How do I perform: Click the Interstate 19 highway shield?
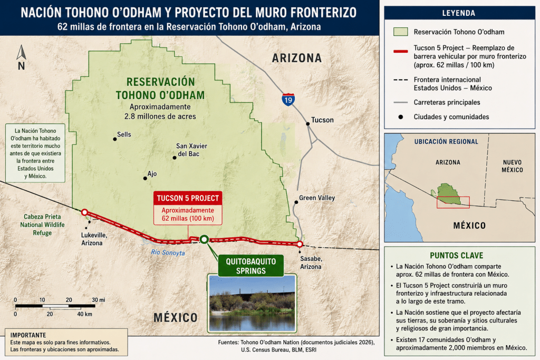click(288, 100)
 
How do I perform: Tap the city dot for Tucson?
click(308, 123)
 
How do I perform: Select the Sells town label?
click(124, 134)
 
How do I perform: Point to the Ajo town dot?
click(145, 178)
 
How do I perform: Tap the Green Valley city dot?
click(296, 202)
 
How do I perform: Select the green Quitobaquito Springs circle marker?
click(204, 239)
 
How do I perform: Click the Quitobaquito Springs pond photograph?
click(252, 303)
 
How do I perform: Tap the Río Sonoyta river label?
click(168, 252)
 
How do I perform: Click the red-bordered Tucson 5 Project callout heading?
click(188, 198)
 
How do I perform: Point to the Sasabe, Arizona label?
click(311, 262)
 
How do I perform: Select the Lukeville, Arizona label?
click(94, 239)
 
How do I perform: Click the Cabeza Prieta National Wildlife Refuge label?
click(42, 225)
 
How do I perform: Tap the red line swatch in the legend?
click(401, 51)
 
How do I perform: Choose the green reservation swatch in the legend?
click(401, 32)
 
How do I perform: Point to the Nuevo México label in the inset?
click(512, 166)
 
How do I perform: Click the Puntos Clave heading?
click(456, 255)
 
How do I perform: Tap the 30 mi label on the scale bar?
click(99, 300)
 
